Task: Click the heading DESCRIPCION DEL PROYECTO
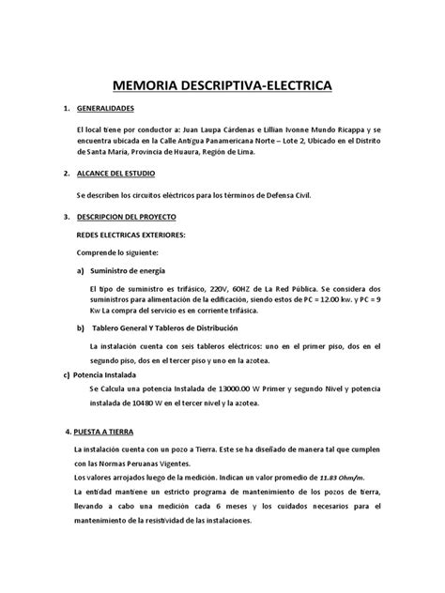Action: (129, 217)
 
